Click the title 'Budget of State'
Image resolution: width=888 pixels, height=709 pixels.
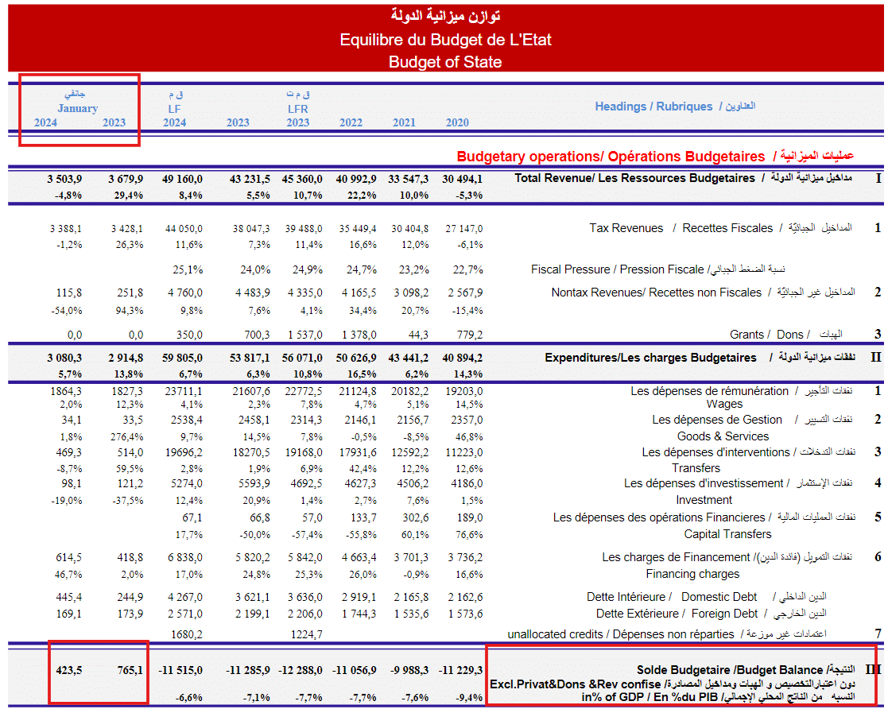tap(445, 62)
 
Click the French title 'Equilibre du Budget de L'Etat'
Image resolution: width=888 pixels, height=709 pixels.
tap(445, 40)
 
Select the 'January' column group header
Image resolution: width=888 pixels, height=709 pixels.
tap(78, 108)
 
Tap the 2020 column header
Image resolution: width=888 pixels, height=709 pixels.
tap(457, 122)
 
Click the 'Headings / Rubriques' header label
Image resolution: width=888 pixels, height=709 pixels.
tap(653, 107)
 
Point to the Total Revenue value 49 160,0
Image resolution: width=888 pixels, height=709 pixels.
tap(182, 178)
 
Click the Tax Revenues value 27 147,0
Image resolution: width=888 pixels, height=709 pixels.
tap(463, 228)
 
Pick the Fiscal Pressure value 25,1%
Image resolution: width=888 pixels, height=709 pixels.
tap(188, 269)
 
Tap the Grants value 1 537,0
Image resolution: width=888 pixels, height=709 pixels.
tap(302, 335)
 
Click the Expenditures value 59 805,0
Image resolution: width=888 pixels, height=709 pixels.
tap(182, 358)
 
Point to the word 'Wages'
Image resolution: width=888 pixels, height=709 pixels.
tap(724, 404)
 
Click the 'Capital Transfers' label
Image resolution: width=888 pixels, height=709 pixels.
tap(727, 534)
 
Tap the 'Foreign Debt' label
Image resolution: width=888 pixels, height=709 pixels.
tap(725, 614)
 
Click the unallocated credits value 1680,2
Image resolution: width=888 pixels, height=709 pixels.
tap(187, 634)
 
